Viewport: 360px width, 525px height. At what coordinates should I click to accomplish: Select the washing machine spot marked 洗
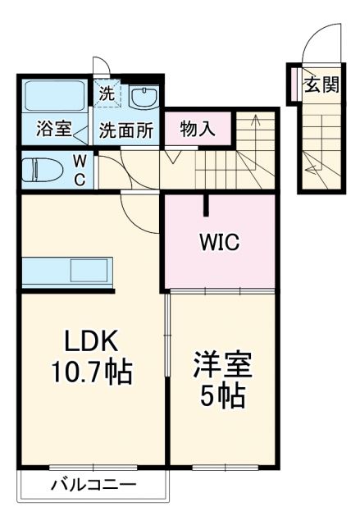[x=107, y=94]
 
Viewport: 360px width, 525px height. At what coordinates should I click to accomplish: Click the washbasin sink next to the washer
[x=144, y=98]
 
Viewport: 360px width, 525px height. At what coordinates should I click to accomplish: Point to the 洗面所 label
[x=126, y=130]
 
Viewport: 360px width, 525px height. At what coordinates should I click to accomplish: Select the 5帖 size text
[x=222, y=396]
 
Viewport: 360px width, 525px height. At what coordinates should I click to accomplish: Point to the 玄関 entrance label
[x=321, y=84]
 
